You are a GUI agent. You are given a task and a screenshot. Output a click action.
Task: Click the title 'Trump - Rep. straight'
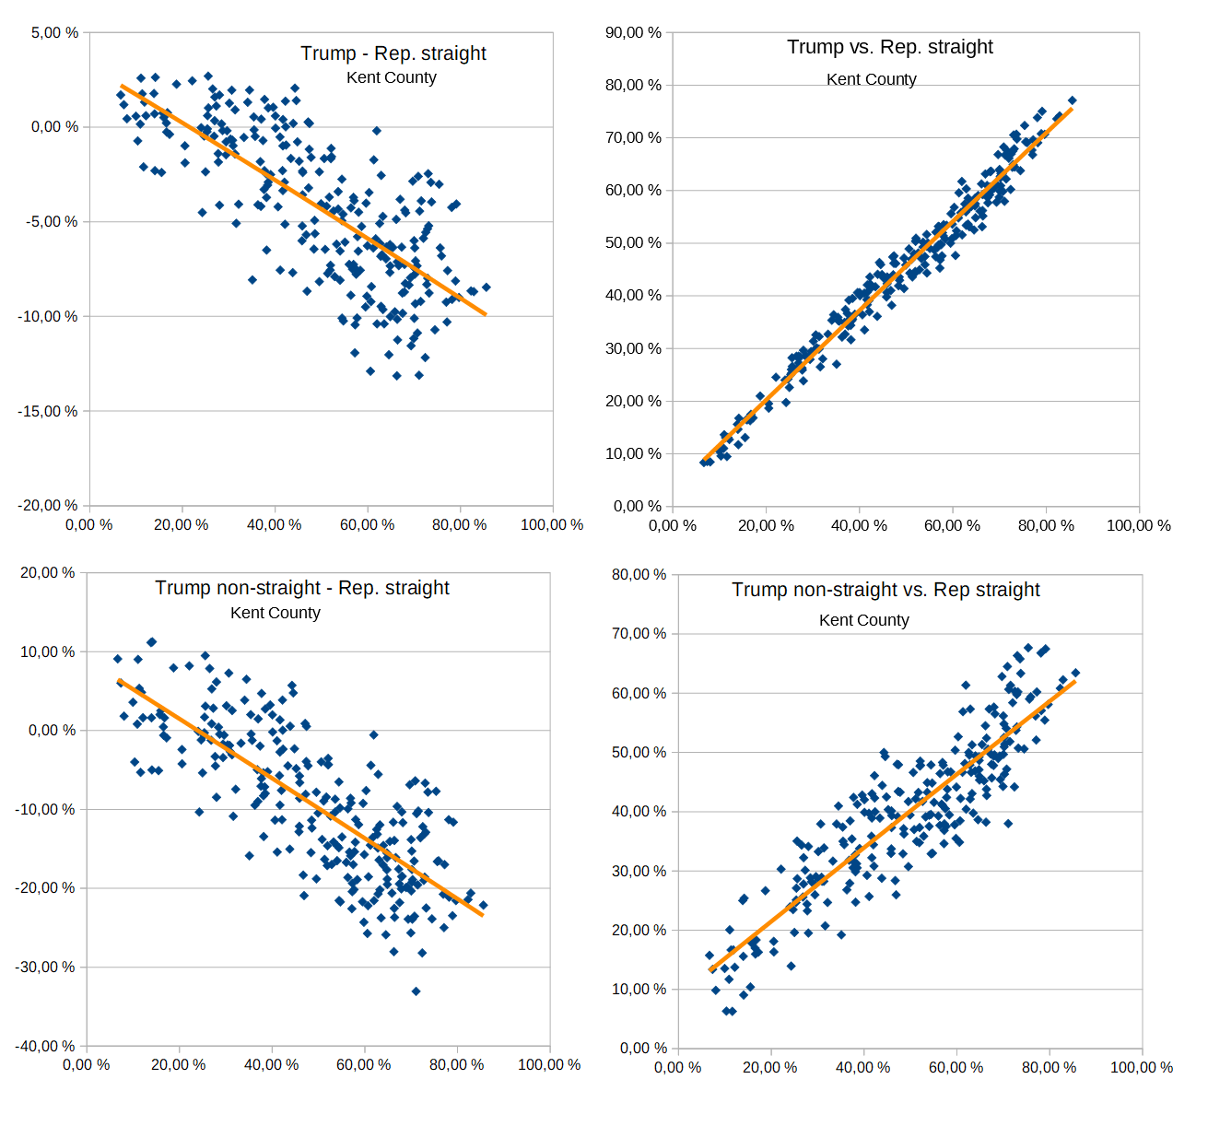(x=393, y=53)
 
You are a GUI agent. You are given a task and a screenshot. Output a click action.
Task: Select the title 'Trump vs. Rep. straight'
(x=889, y=47)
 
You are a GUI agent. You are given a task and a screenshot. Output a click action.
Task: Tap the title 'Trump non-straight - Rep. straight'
(x=301, y=588)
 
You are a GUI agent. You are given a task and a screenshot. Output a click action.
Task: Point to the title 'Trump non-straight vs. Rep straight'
(x=885, y=590)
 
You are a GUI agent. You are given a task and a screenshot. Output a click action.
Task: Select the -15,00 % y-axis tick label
(x=48, y=412)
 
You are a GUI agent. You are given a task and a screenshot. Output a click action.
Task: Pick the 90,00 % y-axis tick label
(x=633, y=33)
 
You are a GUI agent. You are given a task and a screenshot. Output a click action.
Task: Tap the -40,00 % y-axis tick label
(x=45, y=1047)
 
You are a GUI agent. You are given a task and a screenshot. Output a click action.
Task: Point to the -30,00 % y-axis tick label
(x=45, y=968)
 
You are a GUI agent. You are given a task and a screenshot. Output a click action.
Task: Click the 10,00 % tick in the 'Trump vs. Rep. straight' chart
(x=633, y=454)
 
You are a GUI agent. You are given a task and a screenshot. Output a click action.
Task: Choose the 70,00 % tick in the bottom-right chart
(x=638, y=634)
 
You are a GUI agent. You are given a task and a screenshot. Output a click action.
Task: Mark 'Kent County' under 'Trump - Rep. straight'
(x=391, y=77)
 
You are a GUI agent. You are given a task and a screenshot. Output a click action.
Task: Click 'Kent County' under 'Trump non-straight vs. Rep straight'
(x=863, y=620)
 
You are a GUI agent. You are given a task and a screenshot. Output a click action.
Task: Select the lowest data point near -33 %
(x=416, y=991)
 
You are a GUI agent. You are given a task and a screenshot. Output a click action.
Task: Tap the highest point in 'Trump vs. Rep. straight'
(x=1072, y=100)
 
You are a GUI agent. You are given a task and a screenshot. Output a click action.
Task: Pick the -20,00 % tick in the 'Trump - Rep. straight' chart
(x=48, y=506)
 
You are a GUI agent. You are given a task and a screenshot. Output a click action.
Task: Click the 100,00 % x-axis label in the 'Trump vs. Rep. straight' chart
(x=1138, y=525)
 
